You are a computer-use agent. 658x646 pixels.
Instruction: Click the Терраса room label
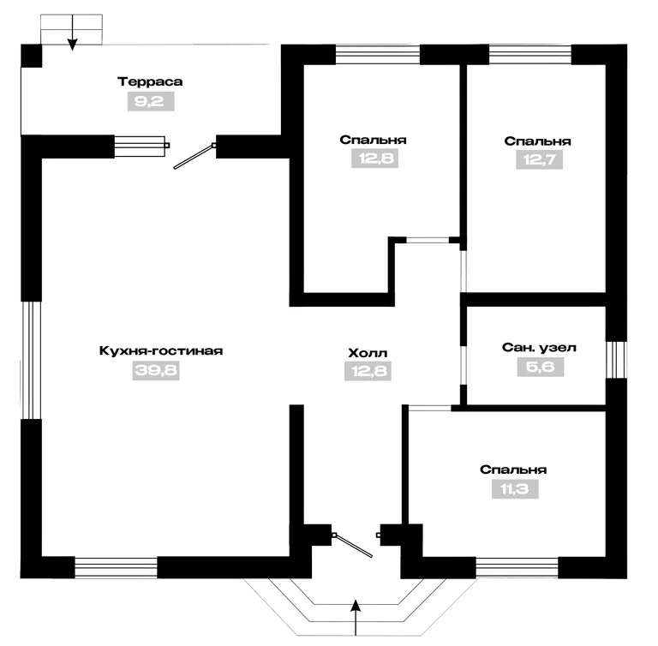150,81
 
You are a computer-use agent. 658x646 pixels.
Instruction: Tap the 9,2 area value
151,102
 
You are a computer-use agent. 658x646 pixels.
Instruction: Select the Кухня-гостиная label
161,350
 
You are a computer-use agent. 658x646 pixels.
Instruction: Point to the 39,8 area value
156,371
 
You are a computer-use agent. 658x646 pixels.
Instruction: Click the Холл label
368,353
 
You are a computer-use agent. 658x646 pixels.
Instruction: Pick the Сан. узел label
539,348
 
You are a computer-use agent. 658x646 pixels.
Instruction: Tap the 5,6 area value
540,367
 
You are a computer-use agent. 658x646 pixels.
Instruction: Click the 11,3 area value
515,489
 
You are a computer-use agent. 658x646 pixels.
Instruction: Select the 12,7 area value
539,159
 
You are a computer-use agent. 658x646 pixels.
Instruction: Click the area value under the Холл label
368,372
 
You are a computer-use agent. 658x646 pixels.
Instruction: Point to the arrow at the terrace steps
73,33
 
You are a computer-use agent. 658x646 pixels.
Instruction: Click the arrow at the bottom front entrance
356,618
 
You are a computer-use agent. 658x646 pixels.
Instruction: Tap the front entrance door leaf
352,545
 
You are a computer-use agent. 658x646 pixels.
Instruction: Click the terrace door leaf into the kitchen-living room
194,157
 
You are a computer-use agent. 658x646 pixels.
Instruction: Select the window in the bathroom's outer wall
616,360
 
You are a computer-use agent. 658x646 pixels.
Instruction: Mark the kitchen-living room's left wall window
31,360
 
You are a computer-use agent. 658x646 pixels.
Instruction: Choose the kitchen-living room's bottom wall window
116,567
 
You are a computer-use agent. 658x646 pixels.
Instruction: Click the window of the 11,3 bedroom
517,568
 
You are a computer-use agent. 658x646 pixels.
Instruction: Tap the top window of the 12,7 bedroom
530,54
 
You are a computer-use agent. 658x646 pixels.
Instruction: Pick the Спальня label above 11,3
513,470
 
